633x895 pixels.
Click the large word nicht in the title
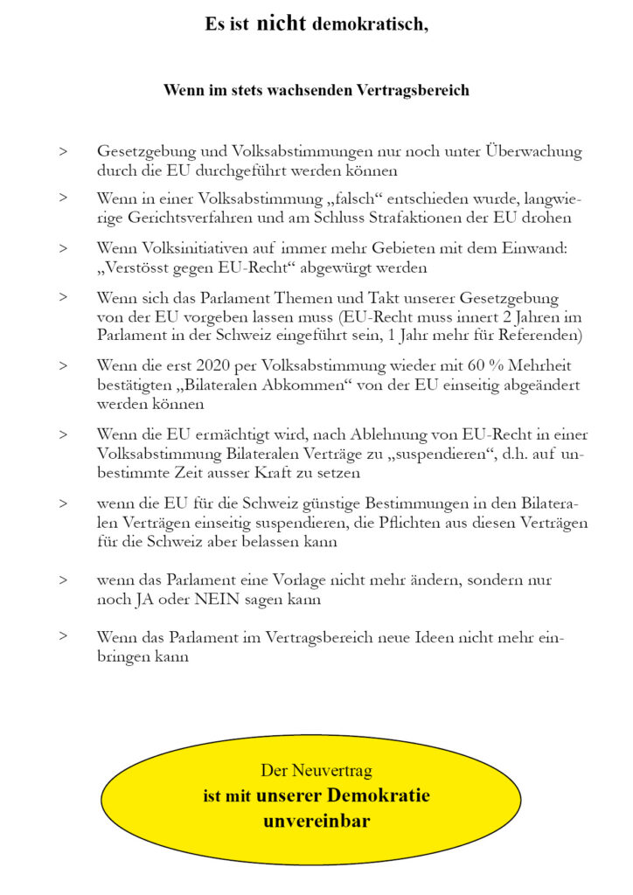(282, 24)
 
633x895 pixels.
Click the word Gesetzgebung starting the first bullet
(140, 151)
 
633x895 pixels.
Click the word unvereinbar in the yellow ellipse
(316, 821)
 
